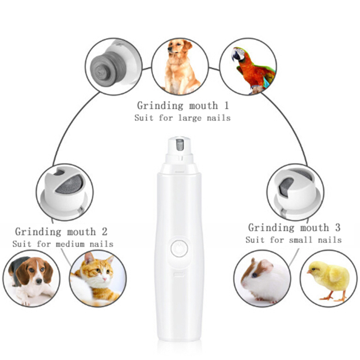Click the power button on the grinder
(x=179, y=248)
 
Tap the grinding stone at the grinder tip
(x=180, y=145)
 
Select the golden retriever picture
(x=180, y=66)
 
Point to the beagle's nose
(x=39, y=281)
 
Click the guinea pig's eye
(x=255, y=275)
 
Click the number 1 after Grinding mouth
(x=227, y=106)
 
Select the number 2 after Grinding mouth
(x=105, y=232)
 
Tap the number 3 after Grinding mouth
(x=337, y=228)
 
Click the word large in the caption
(x=190, y=118)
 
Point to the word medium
(x=70, y=244)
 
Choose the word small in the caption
(x=301, y=240)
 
